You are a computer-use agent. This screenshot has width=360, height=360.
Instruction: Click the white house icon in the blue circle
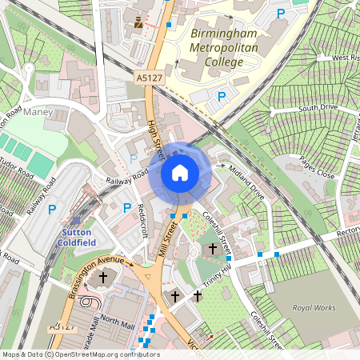point(180,173)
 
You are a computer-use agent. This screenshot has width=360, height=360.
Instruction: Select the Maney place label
point(38,113)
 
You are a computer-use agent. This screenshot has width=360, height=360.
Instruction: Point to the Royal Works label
point(314,306)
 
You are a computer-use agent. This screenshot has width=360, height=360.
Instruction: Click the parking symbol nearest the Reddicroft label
point(126,209)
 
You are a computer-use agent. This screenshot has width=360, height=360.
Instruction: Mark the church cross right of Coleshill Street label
point(212,249)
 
